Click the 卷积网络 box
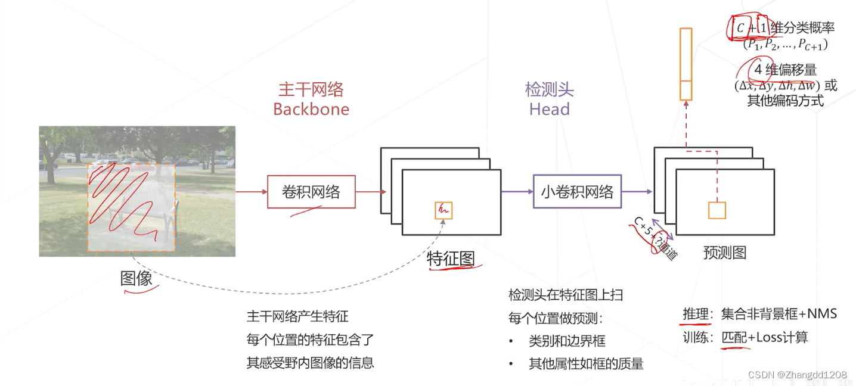click(311, 192)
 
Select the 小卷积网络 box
click(576, 191)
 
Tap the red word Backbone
click(311, 109)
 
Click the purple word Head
click(549, 109)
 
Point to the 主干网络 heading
click(311, 90)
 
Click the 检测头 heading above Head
click(549, 90)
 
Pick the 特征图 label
click(451, 259)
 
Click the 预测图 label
click(724, 253)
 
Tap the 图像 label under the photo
click(137, 278)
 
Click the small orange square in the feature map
click(443, 210)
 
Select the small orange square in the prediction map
click(717, 210)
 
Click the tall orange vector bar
click(686, 64)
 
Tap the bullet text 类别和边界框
click(567, 341)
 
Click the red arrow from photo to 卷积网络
click(251, 192)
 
